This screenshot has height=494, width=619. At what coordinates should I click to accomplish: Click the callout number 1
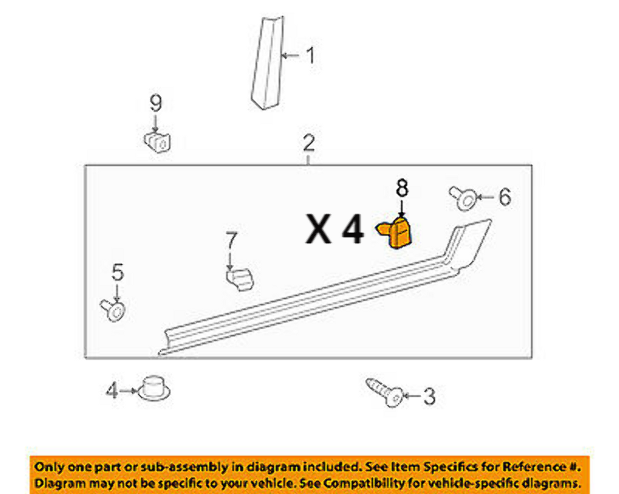[x=310, y=55]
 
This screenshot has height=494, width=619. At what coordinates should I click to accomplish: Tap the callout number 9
[x=155, y=103]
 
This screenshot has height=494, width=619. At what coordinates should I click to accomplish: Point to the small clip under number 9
[x=158, y=141]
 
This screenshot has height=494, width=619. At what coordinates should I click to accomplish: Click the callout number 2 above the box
[x=309, y=143]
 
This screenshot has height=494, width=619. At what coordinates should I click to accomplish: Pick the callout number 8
[x=402, y=188]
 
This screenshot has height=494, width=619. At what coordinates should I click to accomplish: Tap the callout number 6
[x=504, y=196]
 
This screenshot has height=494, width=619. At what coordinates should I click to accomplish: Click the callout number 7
[x=232, y=240]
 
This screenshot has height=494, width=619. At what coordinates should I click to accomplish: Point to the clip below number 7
[x=239, y=280]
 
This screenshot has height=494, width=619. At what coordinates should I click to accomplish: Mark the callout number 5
[x=118, y=272]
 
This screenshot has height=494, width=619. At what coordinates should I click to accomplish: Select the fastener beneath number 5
[x=114, y=310]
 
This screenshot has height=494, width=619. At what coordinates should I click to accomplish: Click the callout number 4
[x=112, y=390]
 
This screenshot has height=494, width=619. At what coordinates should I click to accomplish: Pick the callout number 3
[x=429, y=397]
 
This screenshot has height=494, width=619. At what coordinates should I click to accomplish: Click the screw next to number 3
[x=385, y=392]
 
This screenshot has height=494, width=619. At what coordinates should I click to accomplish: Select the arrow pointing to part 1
[x=292, y=56]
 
